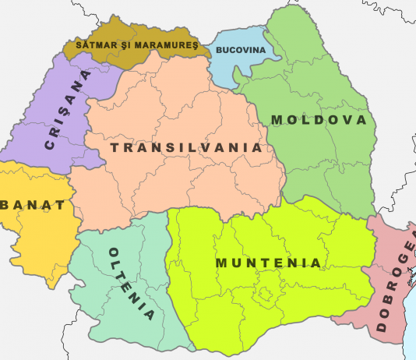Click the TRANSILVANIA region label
(x=185, y=147)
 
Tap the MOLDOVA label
(x=318, y=120)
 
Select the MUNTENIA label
(x=268, y=263)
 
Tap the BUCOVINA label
(x=240, y=50)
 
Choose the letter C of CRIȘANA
(x=51, y=145)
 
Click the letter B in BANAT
(x=6, y=206)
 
